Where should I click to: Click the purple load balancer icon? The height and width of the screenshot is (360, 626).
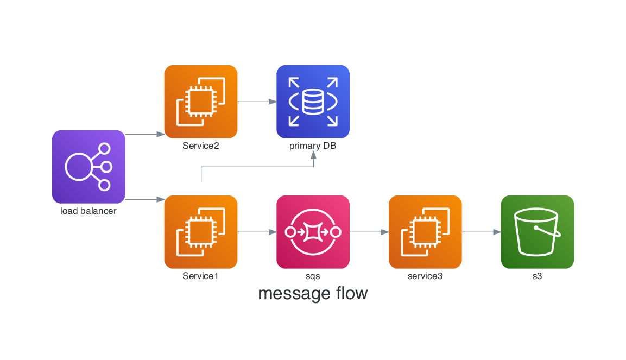tap(88, 167)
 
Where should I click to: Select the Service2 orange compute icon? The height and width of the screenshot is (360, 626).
tap(201, 102)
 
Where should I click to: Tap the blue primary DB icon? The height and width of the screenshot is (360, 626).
tap(313, 102)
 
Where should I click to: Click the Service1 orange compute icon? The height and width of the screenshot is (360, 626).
tap(201, 232)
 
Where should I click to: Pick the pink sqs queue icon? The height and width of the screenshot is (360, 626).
tap(313, 232)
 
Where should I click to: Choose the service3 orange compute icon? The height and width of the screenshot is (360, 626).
tap(425, 232)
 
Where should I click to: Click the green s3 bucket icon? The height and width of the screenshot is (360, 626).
tap(537, 232)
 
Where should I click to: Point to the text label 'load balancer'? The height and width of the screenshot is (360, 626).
tap(88, 211)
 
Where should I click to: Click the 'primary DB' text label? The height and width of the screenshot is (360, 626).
tap(313, 146)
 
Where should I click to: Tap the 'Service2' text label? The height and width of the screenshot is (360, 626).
tap(201, 146)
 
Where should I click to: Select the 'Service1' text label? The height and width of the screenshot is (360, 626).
tap(201, 276)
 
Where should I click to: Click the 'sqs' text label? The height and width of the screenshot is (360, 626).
tap(313, 276)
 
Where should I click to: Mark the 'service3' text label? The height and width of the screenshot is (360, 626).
tap(425, 276)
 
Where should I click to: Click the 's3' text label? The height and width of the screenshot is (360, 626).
tap(537, 276)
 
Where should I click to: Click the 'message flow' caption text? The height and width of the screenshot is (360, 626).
tap(313, 294)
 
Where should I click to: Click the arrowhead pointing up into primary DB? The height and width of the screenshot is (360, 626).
tap(313, 155)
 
